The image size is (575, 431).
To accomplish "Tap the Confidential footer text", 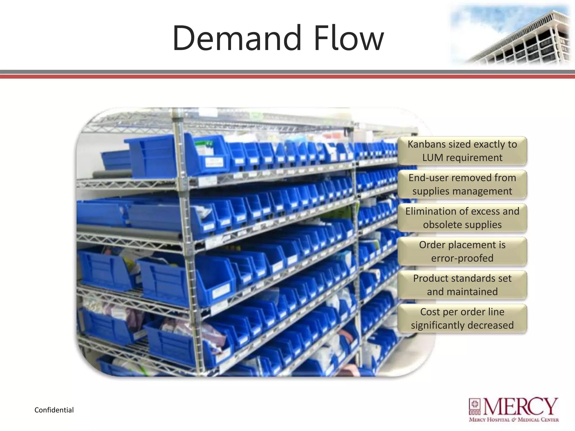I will coord(54,410).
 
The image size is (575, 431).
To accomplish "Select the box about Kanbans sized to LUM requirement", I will coord(462,151).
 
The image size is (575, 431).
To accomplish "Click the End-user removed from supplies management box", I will coord(462,184).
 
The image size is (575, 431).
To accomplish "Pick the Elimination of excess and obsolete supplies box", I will coord(462,218).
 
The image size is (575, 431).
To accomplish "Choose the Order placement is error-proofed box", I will coord(462,251).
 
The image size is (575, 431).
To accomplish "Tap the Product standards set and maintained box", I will coord(462,285).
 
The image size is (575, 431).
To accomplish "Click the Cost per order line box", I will coord(462,318).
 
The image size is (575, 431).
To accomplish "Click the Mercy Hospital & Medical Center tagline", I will coord(514,420).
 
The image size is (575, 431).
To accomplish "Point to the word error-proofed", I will coord(462,258).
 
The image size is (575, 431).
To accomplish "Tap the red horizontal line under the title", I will coord(287,77).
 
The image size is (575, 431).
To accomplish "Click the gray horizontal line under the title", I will coord(287,72).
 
